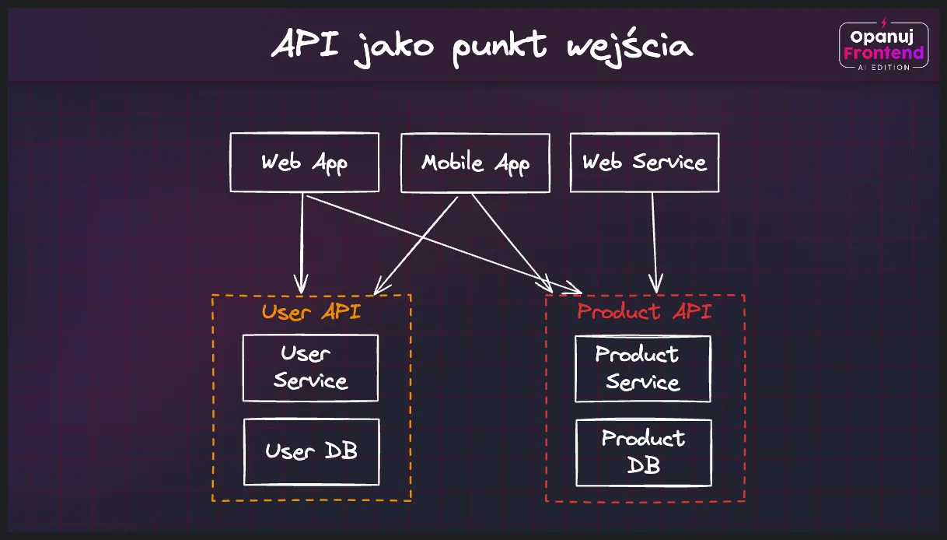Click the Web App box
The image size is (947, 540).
coord(304,163)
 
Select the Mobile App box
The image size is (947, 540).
coord(475,163)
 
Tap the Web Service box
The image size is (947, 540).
coord(645,163)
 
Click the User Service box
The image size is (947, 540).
coord(310,368)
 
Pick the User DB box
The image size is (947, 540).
coord(311,451)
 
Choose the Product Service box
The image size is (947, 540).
coord(643,369)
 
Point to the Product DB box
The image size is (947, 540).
coord(644,452)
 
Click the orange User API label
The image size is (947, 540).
coord(311,313)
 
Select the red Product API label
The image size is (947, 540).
coord(645,312)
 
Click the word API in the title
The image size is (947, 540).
coord(306,45)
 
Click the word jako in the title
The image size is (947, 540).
coord(393,47)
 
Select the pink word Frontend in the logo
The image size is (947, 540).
coord(884,53)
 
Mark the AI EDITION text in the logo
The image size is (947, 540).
coord(884,68)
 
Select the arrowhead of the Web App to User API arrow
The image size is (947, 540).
coord(301,282)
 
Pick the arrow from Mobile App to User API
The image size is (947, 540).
coord(416,243)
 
